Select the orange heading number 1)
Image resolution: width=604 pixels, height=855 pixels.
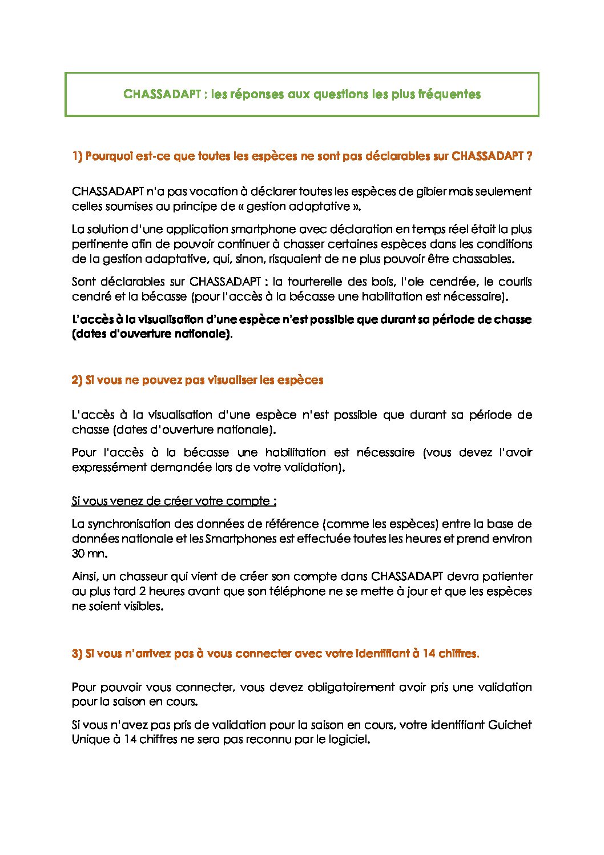[78, 156]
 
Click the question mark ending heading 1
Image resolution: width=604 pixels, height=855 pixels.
[529, 156]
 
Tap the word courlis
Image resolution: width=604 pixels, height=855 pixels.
[515, 282]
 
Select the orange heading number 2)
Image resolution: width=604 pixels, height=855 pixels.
[78, 380]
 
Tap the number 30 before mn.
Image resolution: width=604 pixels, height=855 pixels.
[79, 553]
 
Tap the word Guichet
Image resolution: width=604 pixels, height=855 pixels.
[510, 725]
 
